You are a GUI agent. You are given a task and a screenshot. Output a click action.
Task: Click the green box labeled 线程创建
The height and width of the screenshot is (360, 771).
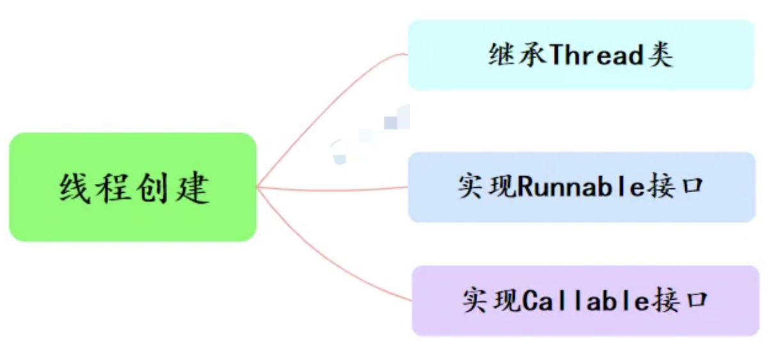[133, 187]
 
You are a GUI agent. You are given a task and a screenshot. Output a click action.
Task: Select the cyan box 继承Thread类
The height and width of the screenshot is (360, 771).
[581, 55]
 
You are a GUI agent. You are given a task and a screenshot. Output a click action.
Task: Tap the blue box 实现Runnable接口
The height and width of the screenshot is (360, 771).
[581, 187]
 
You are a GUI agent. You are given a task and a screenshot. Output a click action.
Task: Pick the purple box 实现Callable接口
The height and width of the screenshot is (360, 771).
[585, 300]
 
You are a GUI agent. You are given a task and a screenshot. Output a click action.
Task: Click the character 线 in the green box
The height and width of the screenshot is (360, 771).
[74, 188]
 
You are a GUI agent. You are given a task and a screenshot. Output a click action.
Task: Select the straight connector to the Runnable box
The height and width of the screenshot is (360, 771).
[333, 188]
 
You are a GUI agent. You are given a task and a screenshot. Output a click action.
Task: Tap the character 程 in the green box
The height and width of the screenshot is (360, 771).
[113, 188]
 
